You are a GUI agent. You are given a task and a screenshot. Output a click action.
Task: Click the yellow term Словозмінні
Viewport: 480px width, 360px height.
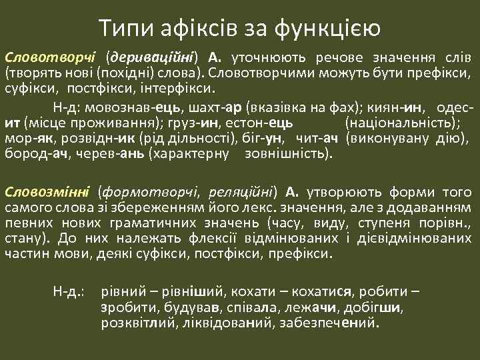45,192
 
